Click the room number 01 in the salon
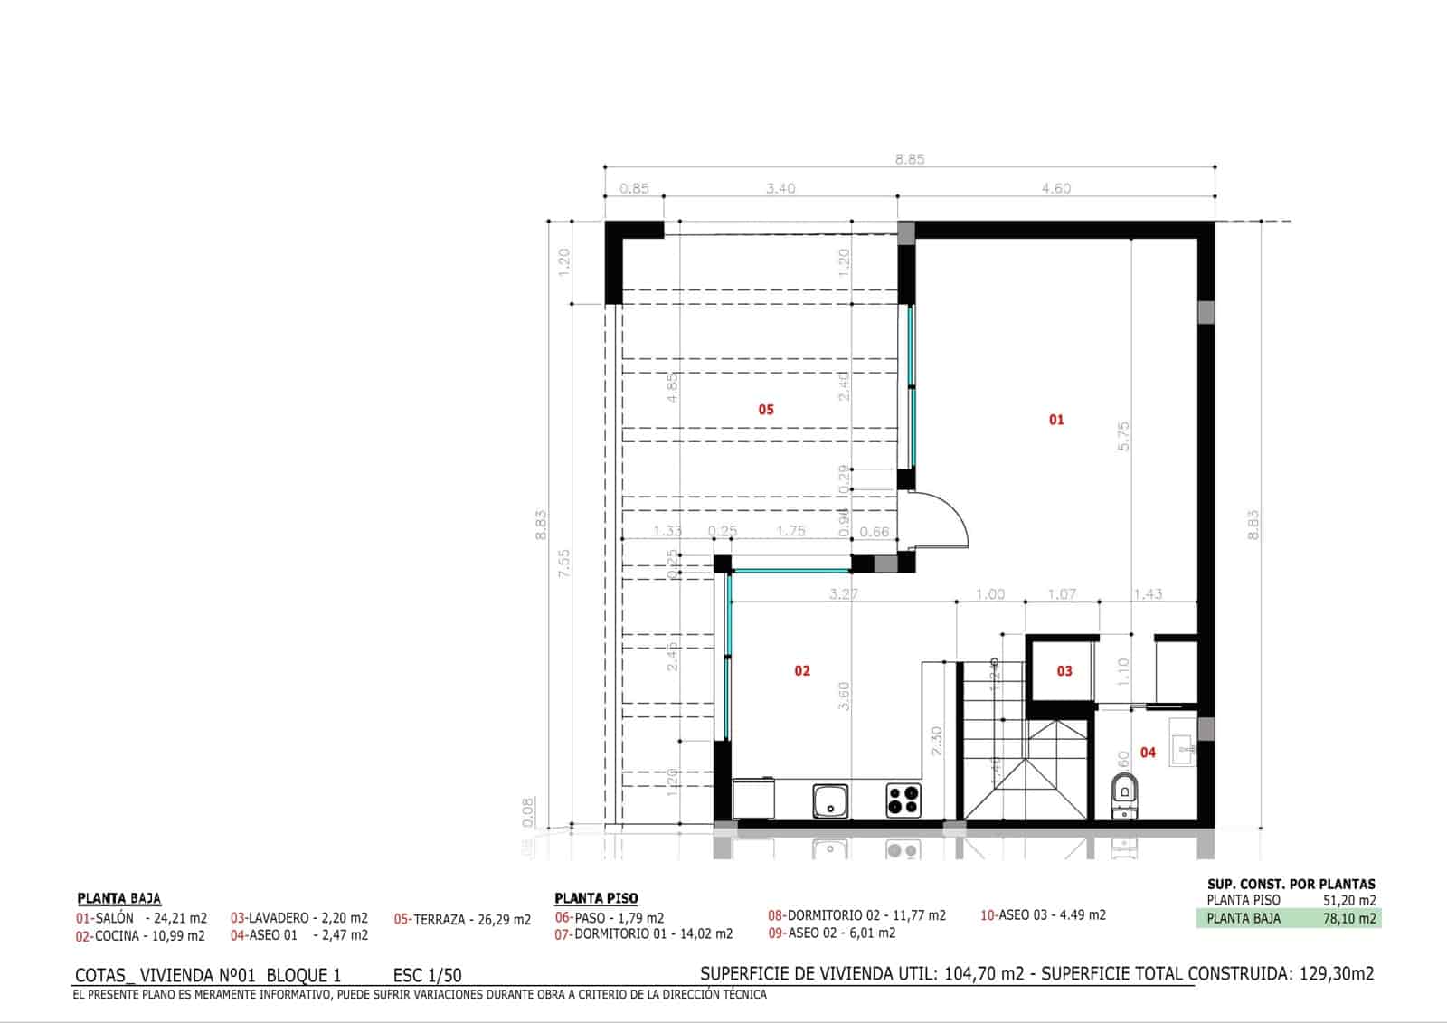pyautogui.click(x=1055, y=420)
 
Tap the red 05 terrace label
pyautogui.click(x=766, y=410)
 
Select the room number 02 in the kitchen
pyautogui.click(x=802, y=671)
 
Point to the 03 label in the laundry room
pyautogui.click(x=1064, y=671)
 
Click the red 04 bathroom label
pyautogui.click(x=1148, y=753)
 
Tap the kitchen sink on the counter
pyautogui.click(x=830, y=800)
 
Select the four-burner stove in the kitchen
pyautogui.click(x=903, y=800)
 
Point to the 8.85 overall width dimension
pyautogui.click(x=910, y=159)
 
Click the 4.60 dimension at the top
pyautogui.click(x=1055, y=189)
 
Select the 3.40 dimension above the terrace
pyautogui.click(x=780, y=189)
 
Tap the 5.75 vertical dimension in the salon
pyautogui.click(x=1124, y=436)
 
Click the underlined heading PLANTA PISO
pyautogui.click(x=596, y=898)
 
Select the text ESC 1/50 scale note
pyautogui.click(x=428, y=975)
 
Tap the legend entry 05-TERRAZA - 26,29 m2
pyautogui.click(x=462, y=920)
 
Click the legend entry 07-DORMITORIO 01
pyautogui.click(x=643, y=933)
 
